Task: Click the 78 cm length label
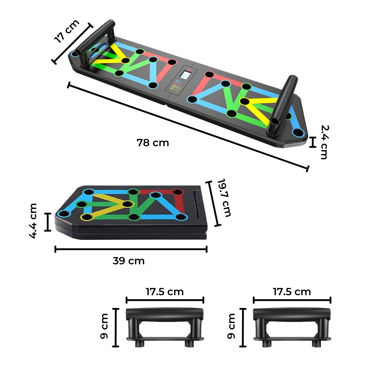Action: tap(153, 143)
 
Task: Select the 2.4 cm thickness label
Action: tap(324, 142)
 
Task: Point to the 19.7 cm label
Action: tap(224, 198)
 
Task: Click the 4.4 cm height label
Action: tap(33, 221)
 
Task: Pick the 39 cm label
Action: tap(129, 261)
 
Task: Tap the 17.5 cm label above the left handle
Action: tap(165, 292)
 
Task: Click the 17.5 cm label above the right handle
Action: tap(292, 292)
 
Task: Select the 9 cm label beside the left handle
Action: tap(104, 326)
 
